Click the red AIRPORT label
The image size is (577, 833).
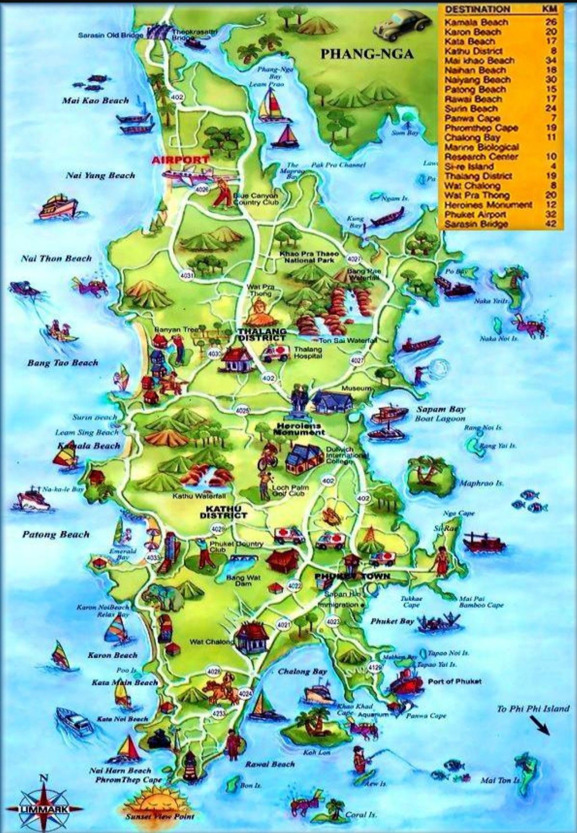point(180,160)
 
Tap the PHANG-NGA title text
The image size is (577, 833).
point(367,54)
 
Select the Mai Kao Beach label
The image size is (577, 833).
point(95,100)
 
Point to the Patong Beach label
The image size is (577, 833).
point(56,534)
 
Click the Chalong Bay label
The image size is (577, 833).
point(302,671)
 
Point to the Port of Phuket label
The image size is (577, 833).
point(454,682)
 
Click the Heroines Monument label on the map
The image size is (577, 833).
point(298,429)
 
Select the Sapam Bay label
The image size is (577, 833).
point(440,410)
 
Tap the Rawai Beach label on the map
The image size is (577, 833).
point(270,764)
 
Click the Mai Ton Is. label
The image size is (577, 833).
point(500,780)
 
